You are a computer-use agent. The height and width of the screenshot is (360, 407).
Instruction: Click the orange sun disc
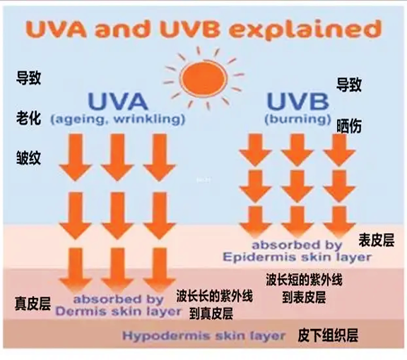click(x=203, y=78)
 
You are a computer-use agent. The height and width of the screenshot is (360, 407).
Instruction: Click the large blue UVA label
click(x=118, y=101)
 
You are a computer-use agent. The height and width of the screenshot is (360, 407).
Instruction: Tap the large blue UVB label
click(x=298, y=101)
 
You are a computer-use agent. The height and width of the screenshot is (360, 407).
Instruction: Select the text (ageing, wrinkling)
click(x=118, y=119)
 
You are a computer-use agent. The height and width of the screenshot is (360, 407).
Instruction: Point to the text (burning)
click(x=298, y=119)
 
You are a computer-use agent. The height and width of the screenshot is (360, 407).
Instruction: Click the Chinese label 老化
click(x=28, y=119)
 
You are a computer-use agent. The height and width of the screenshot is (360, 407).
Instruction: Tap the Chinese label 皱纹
click(x=28, y=157)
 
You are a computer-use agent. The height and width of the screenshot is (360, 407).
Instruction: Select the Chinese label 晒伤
click(x=349, y=126)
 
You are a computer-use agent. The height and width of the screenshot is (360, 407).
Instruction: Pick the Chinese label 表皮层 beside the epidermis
click(x=377, y=240)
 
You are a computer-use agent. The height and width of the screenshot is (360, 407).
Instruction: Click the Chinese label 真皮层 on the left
click(x=33, y=304)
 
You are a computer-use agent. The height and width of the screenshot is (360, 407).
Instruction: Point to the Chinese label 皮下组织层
click(x=328, y=335)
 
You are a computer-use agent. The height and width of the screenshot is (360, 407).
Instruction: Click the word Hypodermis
click(x=167, y=336)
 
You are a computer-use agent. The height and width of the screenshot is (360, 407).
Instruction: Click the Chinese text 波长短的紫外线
click(x=304, y=280)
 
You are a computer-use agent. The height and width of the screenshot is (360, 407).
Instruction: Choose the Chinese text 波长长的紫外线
click(x=214, y=296)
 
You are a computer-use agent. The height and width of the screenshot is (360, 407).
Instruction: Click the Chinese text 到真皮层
click(x=211, y=313)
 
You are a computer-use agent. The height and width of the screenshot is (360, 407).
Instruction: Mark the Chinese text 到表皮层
click(x=304, y=297)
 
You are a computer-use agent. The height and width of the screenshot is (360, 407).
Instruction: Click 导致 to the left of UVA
click(x=28, y=78)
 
